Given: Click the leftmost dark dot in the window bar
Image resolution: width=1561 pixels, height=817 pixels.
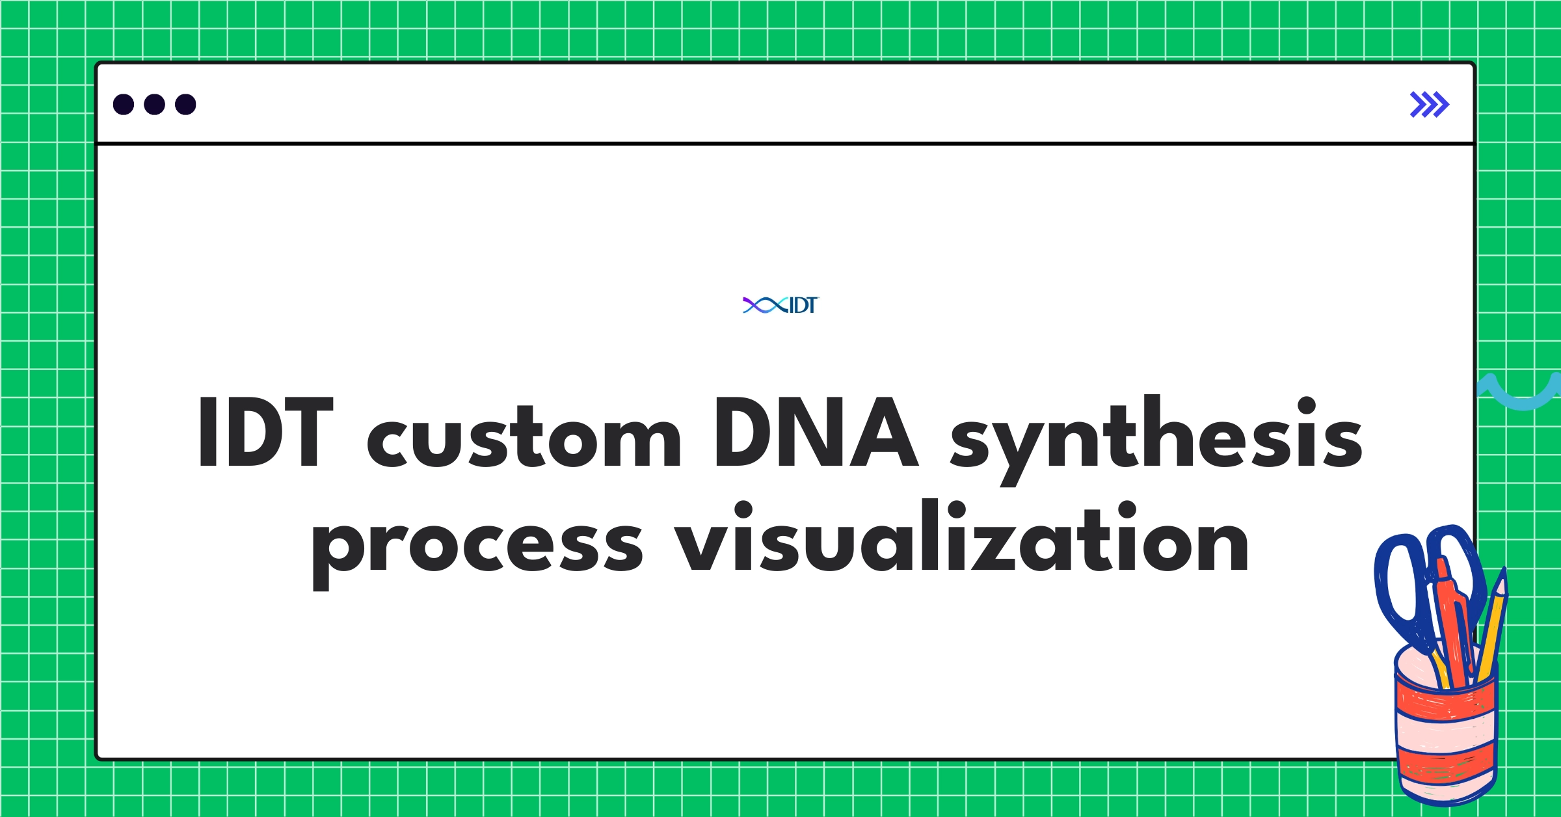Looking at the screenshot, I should pos(124,104).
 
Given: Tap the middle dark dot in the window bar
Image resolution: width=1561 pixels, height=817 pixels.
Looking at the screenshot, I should pos(154,104).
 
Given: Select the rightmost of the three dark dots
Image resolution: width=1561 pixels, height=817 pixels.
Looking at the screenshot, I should pos(185,104).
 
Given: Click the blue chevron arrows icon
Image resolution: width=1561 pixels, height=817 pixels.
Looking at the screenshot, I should pos(1429,104).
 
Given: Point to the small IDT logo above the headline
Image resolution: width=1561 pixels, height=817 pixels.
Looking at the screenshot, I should pos(780,305).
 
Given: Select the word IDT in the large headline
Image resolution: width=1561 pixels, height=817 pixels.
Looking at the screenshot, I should pos(265,432).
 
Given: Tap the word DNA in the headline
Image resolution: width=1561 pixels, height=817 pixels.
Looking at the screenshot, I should pos(816,432).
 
